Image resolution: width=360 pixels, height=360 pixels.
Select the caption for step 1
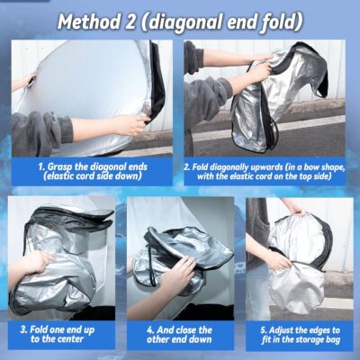tap(90, 171)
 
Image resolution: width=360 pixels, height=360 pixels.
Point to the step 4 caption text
tap(180, 335)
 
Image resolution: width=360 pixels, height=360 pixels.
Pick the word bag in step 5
tap(329, 340)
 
